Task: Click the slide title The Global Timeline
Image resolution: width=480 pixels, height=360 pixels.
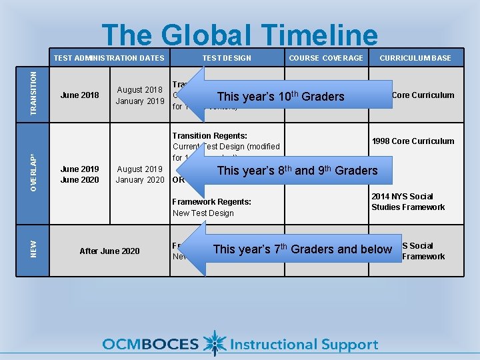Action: click(239, 35)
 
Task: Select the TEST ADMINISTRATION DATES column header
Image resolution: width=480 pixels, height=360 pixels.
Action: click(109, 58)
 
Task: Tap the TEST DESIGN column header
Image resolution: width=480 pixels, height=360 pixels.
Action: click(227, 58)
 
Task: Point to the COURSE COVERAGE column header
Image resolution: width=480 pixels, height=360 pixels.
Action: click(326, 58)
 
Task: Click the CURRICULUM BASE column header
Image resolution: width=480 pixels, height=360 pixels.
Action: click(415, 58)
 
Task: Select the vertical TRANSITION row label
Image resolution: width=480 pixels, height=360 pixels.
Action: click(35, 93)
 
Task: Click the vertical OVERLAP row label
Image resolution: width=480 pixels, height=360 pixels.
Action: click(35, 171)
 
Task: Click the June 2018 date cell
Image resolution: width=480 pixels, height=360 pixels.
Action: click(79, 95)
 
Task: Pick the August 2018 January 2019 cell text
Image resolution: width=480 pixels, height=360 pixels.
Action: click(139, 95)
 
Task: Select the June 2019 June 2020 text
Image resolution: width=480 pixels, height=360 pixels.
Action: click(79, 175)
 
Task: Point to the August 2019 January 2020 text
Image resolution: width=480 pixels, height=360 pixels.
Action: click(139, 175)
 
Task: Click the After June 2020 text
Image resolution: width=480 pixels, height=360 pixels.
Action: click(109, 251)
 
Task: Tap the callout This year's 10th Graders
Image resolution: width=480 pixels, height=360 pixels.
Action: click(280, 97)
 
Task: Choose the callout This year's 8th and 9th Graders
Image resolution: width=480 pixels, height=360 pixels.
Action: click(297, 171)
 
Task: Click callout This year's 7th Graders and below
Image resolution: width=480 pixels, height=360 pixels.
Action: click(301, 249)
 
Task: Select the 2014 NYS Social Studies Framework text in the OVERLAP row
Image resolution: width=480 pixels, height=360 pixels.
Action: click(407, 202)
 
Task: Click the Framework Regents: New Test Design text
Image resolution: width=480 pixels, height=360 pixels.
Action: click(211, 207)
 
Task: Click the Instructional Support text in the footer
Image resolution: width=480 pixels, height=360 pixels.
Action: click(303, 345)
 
